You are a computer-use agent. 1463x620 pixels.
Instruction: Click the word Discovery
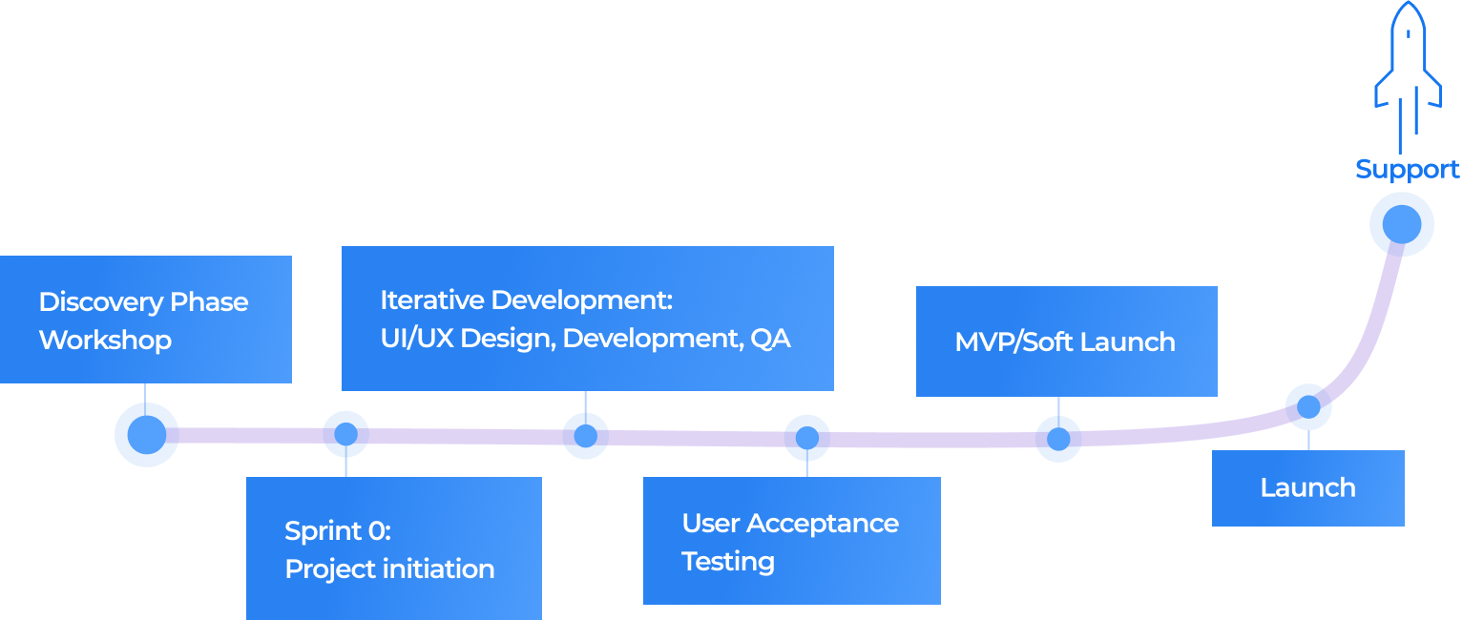[88, 302]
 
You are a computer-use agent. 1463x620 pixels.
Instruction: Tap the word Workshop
[105, 341]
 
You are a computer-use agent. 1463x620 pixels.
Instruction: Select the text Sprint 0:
[338, 531]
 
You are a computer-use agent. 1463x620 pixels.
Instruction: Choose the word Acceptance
[823, 524]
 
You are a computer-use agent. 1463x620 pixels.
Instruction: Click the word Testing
[727, 562]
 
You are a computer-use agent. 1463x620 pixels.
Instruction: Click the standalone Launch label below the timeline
[1307, 488]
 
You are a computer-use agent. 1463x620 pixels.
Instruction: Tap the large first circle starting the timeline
[146, 435]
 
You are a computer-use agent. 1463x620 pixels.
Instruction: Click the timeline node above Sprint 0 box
[345, 435]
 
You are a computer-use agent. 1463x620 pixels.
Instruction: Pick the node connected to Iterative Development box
[585, 437]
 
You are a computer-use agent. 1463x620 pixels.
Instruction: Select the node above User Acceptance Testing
[806, 439]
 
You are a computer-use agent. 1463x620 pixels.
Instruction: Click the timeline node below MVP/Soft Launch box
[1057, 440]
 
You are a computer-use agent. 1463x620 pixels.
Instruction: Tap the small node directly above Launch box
[1307, 407]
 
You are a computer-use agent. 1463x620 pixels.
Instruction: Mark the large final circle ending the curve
[1400, 224]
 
